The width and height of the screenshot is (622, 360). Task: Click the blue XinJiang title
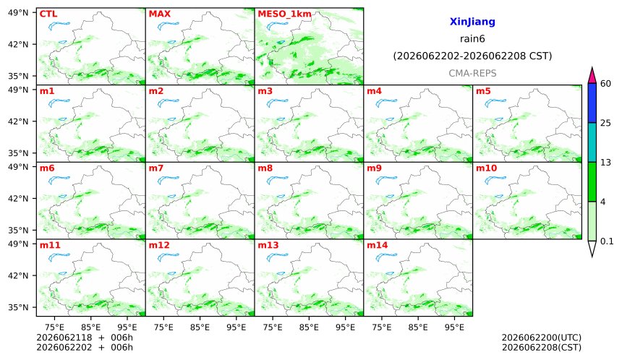click(472, 22)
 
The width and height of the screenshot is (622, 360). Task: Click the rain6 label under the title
click(472, 38)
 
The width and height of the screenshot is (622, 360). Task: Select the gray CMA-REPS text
click(472, 73)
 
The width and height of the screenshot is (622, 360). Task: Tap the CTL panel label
click(48, 14)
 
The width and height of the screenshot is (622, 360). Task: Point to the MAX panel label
click(159, 14)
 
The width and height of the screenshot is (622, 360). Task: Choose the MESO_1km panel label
click(284, 14)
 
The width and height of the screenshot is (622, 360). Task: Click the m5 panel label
click(483, 91)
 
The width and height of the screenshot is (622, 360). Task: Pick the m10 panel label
click(486, 168)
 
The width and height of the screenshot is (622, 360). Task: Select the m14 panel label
click(378, 245)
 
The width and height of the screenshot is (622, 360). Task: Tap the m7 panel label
click(156, 168)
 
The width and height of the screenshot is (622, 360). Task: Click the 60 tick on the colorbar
click(606, 84)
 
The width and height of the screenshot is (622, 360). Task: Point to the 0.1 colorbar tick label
click(607, 241)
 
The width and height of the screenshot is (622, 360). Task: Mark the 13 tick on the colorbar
click(605, 163)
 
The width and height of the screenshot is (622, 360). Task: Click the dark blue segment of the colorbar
click(592, 103)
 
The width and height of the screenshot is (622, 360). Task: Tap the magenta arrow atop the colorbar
click(592, 75)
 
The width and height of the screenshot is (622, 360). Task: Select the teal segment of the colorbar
click(592, 142)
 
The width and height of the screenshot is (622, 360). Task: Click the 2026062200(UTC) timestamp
click(542, 338)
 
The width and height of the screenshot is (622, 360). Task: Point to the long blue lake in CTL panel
click(59, 26)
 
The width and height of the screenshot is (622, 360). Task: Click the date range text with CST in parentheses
click(472, 56)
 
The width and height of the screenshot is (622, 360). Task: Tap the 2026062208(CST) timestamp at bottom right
click(542, 347)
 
